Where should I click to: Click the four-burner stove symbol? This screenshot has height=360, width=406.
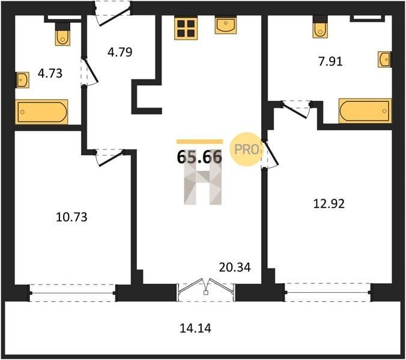coord(186,28)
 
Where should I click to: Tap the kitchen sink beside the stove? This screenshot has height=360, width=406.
coord(226,25)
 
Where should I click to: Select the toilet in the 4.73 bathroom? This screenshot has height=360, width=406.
coord(62,34)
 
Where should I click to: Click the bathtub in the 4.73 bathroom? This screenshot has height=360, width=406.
coord(41,112)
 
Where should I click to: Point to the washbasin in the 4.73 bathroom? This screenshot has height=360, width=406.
coord(22,80)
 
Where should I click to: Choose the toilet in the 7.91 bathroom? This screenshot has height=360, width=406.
coord(320,27)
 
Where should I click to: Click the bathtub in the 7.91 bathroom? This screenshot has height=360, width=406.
coord(365,110)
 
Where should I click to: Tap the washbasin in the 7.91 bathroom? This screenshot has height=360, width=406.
coord(384,59)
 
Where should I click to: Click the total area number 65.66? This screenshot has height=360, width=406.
coord(199,157)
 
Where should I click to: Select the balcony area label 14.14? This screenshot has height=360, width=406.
coord(195,328)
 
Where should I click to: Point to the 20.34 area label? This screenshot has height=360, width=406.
coord(235,267)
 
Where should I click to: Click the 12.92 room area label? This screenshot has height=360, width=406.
coord(329,204)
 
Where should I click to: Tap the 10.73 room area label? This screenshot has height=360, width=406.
coord(71,217)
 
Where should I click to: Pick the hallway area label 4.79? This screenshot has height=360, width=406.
coord(120,52)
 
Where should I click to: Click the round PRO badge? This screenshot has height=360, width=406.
coord(245,149)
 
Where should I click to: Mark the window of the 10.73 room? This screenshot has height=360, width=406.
coord(73,293)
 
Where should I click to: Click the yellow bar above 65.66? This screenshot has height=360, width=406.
coord(199,142)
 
